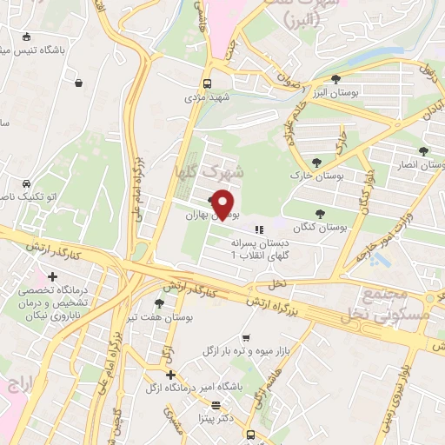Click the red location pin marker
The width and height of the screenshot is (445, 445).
click(x=224, y=203)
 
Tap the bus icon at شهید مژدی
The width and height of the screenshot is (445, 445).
click(x=206, y=83)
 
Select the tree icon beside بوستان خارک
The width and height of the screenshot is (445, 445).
click(x=316, y=162)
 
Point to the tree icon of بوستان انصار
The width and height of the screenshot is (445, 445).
click(x=423, y=150)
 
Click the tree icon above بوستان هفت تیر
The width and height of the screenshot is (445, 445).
click(x=159, y=302)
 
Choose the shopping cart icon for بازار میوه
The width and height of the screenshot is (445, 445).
click(x=246, y=338)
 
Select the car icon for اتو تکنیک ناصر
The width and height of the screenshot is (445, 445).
click(x=27, y=184)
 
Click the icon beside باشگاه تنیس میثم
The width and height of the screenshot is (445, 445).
click(x=27, y=37)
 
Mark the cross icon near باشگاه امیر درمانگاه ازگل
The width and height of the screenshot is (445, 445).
click(x=170, y=375)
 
